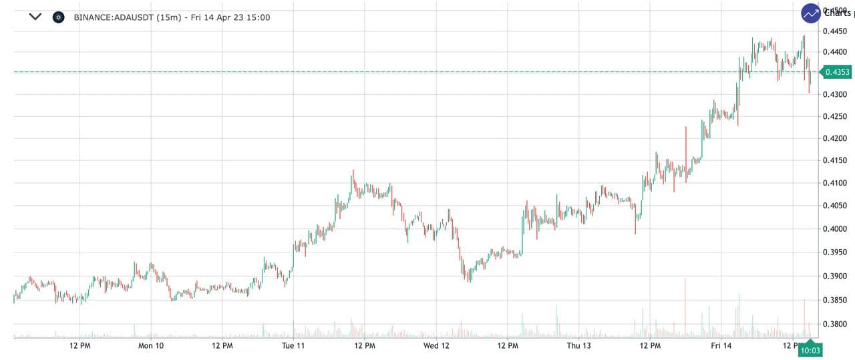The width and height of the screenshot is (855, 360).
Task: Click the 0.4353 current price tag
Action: (837, 72)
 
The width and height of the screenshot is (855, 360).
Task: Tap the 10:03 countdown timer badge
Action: (810, 350)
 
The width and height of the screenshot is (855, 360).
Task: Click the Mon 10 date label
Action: (151, 345)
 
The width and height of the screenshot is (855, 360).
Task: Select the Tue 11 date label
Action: (293, 345)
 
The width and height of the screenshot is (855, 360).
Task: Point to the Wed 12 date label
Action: (436, 345)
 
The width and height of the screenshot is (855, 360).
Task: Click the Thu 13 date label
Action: (578, 345)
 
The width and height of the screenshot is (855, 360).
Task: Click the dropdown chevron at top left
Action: (35, 17)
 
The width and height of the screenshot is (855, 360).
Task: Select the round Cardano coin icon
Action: (58, 17)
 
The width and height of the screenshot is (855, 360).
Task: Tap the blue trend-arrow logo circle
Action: (812, 13)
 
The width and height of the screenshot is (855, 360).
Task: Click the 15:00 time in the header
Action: (259, 17)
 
